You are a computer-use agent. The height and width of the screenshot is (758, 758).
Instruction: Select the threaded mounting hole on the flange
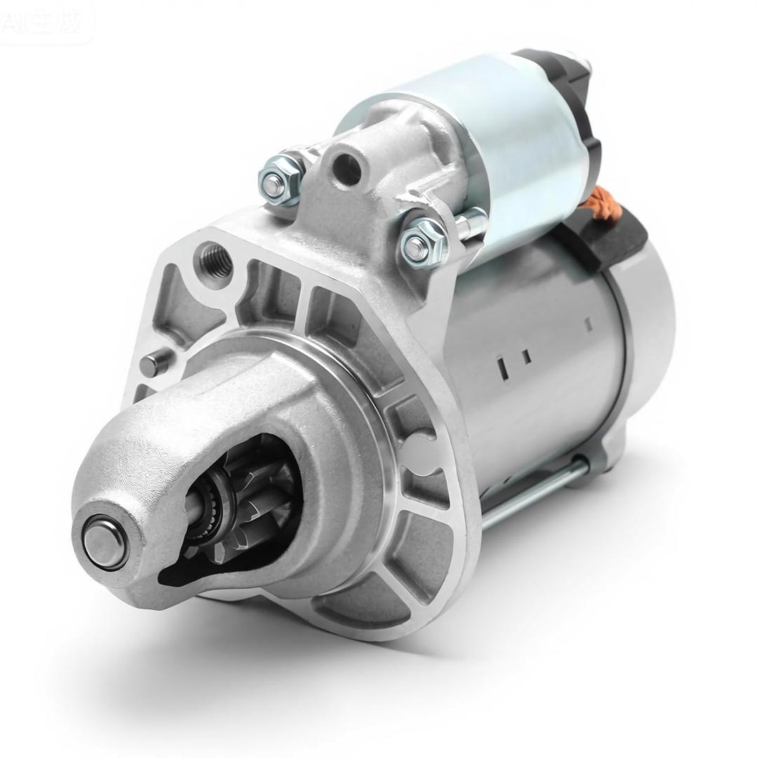[x=215, y=259]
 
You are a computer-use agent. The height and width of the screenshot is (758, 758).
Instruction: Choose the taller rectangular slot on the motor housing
[x=503, y=367]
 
